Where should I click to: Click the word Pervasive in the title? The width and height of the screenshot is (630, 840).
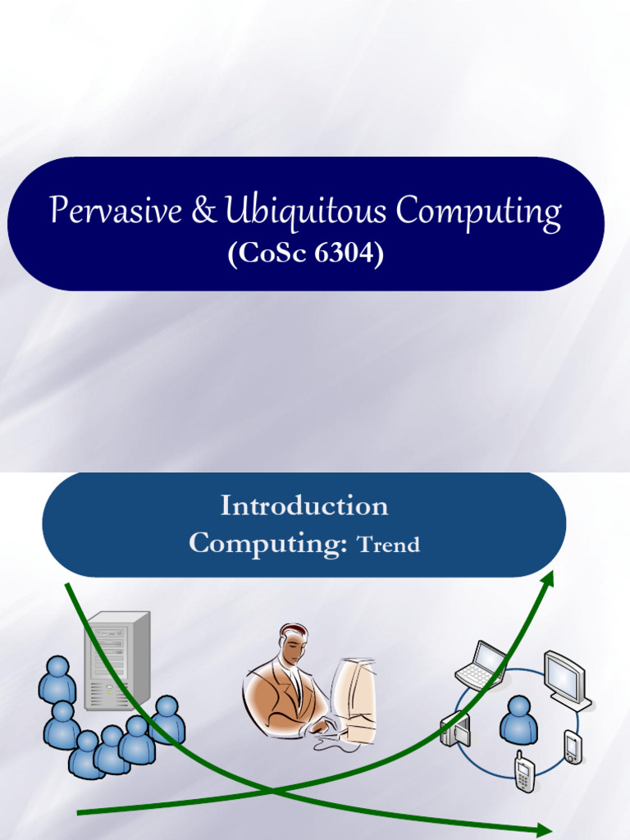point(116,212)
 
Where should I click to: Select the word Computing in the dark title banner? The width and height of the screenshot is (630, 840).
point(479,212)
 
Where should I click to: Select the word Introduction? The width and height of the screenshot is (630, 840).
point(304,505)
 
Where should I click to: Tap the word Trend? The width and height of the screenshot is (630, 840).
point(390,545)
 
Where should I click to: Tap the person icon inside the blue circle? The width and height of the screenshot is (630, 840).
point(518,720)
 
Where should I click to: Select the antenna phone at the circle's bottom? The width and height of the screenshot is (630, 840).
point(524,771)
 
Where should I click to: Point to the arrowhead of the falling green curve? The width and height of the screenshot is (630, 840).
point(544,829)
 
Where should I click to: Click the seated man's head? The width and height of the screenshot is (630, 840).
point(293,646)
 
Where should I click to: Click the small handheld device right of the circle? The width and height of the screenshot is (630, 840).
point(573,746)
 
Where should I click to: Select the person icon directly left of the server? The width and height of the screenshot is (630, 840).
point(57,679)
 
